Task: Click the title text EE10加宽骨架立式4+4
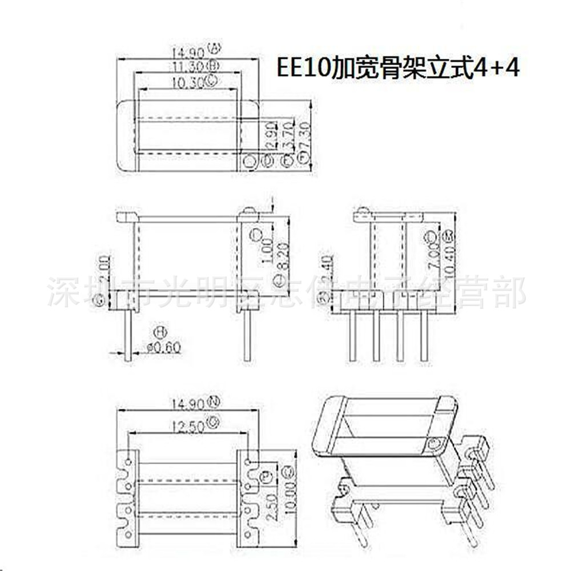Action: click(398, 68)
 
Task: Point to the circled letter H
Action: click(160, 332)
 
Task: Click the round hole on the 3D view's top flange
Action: click(436, 443)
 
